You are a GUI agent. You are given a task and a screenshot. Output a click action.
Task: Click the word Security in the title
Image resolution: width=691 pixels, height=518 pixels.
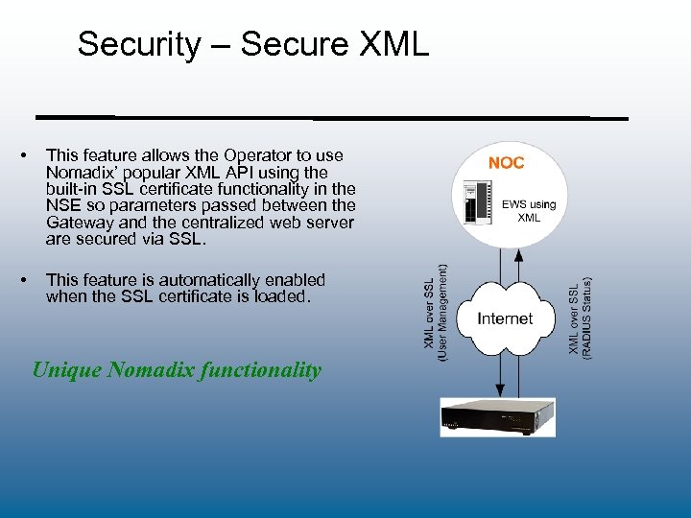pos(139,44)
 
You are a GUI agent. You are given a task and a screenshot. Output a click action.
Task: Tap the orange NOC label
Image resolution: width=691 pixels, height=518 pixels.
pos(506,163)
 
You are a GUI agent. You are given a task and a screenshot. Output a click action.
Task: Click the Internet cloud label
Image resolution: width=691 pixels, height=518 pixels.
pos(505,318)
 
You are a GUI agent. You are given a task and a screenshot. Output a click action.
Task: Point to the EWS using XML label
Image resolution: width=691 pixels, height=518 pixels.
pos(529,210)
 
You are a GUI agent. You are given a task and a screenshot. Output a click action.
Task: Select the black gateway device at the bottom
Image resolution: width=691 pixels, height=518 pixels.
pos(497,416)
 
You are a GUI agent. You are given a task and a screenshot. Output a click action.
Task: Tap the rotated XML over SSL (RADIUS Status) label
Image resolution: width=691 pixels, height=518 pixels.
pos(581,317)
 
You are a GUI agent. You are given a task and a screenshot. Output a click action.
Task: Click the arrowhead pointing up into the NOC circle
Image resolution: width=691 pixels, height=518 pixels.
pos(519,256)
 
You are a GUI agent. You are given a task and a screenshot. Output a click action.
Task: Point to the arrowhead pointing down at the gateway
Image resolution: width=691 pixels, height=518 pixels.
pos(498,389)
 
